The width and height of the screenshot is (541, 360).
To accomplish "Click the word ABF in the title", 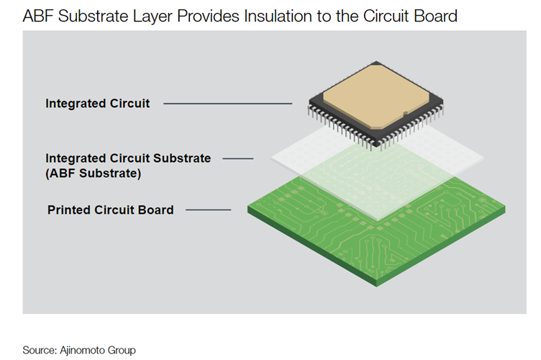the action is click(x=38, y=17).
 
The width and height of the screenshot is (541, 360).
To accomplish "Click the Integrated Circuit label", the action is click(x=98, y=103).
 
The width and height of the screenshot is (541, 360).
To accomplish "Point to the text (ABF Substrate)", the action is click(x=93, y=174).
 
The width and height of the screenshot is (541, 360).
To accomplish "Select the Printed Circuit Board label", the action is click(x=110, y=210).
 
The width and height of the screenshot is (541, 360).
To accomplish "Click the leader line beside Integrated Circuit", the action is click(x=228, y=103).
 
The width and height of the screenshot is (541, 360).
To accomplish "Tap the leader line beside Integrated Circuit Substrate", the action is click(x=238, y=158).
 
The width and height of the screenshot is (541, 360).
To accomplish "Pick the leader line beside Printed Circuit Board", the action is click(x=209, y=210).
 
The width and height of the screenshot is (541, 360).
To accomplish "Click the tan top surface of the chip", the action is click(x=376, y=95).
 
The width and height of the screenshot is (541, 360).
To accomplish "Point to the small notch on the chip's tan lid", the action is click(x=406, y=113).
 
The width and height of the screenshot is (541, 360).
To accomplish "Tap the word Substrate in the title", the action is click(x=93, y=17).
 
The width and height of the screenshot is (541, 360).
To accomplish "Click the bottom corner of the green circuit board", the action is click(x=376, y=286).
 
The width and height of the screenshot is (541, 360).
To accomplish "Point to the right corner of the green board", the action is click(x=505, y=207).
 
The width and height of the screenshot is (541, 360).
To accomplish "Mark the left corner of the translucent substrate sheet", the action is click(x=271, y=158).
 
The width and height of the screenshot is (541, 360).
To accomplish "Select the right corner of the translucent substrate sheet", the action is click(x=483, y=158).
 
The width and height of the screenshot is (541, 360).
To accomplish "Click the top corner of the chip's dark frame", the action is click(x=376, y=62).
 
